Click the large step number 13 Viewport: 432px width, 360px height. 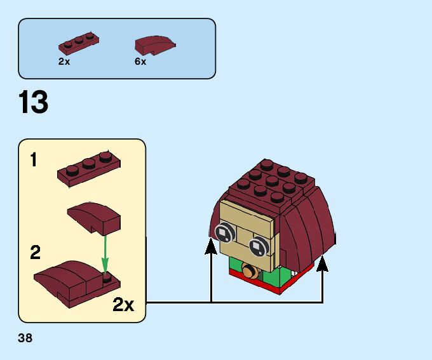[x=34, y=103]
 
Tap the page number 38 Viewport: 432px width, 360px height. [x=25, y=338]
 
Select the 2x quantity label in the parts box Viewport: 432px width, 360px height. [x=64, y=62]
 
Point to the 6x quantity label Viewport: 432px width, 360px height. [x=140, y=62]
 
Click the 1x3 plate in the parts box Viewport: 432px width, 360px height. [x=79, y=44]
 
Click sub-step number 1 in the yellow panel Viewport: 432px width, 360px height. [x=34, y=159]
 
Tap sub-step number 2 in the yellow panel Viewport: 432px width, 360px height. [x=36, y=253]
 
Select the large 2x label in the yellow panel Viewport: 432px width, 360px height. [x=123, y=305]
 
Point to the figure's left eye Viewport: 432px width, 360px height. [x=224, y=232]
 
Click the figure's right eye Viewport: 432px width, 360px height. [x=258, y=245]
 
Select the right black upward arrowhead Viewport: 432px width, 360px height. [x=323, y=262]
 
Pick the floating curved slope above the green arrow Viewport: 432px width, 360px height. [x=94, y=216]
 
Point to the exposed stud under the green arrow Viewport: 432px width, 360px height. [x=105, y=277]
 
